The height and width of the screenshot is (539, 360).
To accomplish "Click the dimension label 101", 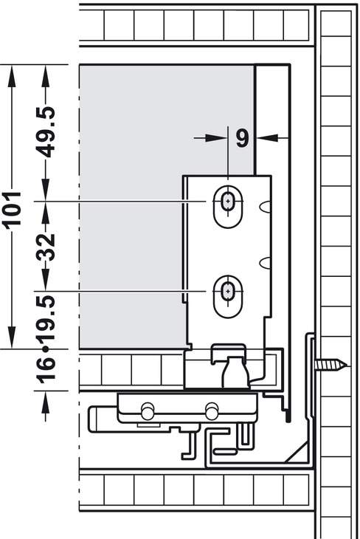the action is click(13, 209).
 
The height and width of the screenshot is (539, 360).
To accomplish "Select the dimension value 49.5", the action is click(46, 132).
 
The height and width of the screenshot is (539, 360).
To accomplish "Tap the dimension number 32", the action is click(46, 247).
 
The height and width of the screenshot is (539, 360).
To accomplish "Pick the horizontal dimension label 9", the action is click(242, 138).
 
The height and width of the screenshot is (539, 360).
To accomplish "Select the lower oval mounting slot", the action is click(228, 297).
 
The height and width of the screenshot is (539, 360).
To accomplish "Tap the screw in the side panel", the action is click(331, 364).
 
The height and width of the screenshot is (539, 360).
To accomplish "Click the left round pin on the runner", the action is click(148, 411).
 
